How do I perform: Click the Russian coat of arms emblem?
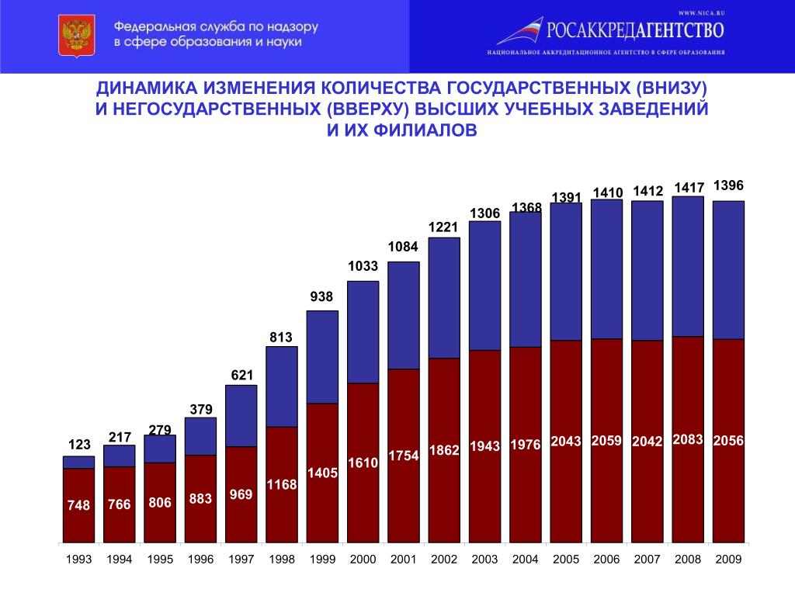(x=76, y=36)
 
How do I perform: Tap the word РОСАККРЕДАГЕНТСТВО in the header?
(x=636, y=30)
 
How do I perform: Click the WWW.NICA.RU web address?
(x=700, y=12)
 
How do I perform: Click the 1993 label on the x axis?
(x=78, y=560)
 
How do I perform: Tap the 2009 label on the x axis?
(x=728, y=560)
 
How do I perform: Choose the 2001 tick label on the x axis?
(x=404, y=560)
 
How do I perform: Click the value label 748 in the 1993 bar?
(x=78, y=505)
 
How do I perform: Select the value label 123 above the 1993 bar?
(x=78, y=445)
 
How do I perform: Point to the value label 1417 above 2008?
(x=689, y=187)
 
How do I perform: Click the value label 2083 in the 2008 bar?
(x=689, y=439)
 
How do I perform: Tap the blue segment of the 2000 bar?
(x=363, y=331)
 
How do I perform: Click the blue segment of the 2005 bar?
(x=566, y=271)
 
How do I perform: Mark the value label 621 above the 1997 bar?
(x=241, y=376)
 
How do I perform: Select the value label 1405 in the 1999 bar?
(x=323, y=473)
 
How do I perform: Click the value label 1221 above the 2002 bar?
(x=444, y=227)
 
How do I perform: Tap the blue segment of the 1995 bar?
(x=160, y=449)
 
